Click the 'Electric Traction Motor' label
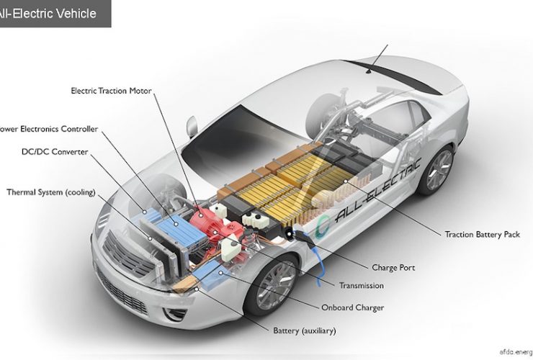coord(115,91)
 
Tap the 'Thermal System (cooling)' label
coord(51,192)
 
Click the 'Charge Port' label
coord(394,268)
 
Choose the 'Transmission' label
coord(362,286)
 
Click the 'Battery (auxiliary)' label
coord(305,331)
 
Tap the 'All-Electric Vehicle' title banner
coord(54,13)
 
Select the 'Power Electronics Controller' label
coord(49,130)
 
